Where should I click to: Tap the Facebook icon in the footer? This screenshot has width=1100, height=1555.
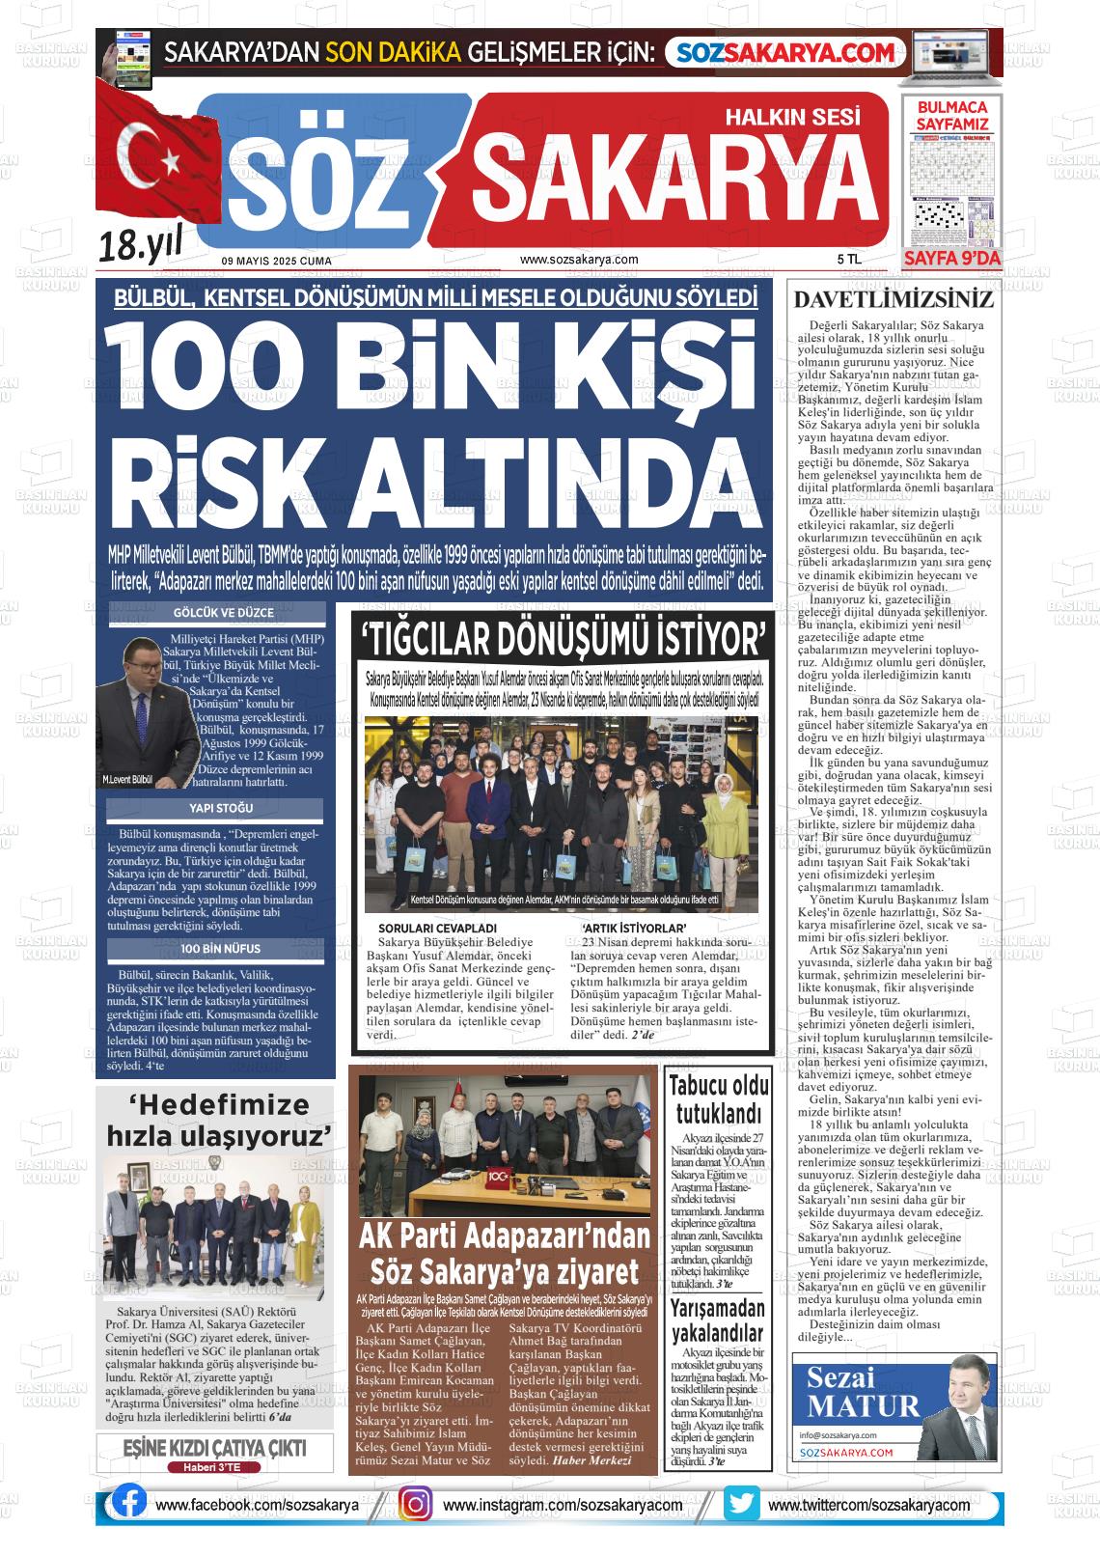click(x=129, y=1504)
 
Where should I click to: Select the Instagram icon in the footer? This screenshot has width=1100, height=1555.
click(x=416, y=1504)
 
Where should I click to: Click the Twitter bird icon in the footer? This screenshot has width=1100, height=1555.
click(x=742, y=1504)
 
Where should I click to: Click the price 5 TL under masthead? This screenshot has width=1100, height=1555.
click(x=848, y=260)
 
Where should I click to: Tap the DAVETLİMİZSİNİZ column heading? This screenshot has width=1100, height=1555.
click(x=893, y=299)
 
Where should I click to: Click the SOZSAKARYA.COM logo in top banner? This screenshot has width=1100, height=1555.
click(x=785, y=52)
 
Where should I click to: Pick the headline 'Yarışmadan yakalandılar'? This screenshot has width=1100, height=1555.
click(x=718, y=1321)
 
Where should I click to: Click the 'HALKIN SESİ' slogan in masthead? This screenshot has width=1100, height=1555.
click(x=791, y=117)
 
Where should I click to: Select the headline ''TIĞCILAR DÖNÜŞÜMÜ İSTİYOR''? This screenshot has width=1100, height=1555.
click(x=563, y=639)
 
